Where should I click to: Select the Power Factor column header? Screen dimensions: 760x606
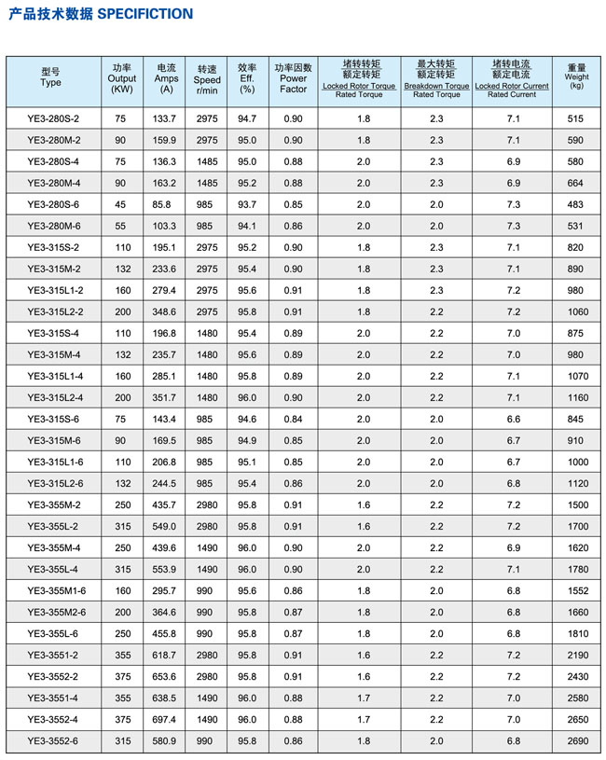coord(293,79)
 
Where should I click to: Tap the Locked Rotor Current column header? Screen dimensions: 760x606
coord(511,79)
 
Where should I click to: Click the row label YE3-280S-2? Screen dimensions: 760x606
coord(54,118)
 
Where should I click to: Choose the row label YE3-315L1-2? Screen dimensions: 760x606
coord(54,290)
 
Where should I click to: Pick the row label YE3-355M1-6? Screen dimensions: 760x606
coord(54,591)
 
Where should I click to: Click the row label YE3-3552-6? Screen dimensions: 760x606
coord(54,741)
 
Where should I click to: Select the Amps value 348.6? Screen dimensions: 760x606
coord(164,311)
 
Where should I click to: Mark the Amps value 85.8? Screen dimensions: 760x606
coord(164,204)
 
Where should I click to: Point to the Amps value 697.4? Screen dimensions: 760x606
coord(164,720)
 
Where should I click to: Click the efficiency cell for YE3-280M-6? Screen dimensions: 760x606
coord(247,226)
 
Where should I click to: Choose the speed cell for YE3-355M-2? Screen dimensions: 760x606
coord(208,504)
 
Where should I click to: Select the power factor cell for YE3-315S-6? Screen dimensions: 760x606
coord(293,419)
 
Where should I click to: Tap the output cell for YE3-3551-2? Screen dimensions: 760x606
coord(121,656)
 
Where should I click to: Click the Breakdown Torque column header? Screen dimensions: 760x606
coord(436,79)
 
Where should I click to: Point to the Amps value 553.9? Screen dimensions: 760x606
coord(164,569)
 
